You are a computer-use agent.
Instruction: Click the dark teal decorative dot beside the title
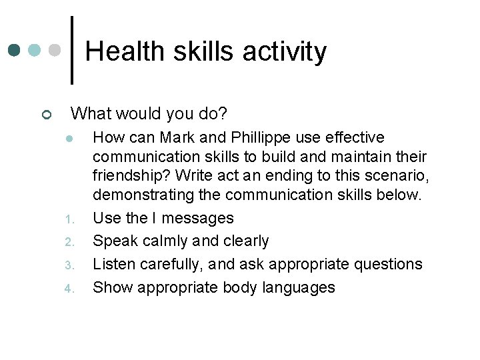[15, 50]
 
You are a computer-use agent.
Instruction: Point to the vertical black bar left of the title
[71, 50]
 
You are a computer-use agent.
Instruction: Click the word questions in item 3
[387, 265]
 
